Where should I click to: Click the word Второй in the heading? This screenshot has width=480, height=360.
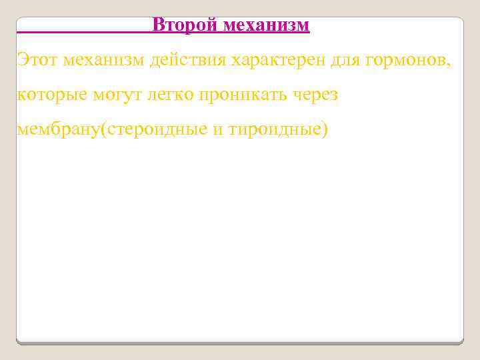pyautogui.click(x=185, y=25)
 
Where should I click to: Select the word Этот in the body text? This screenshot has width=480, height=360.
pyautogui.click(x=37, y=61)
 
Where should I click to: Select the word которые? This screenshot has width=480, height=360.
pyautogui.click(x=51, y=95)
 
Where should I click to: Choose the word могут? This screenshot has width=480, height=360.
pyautogui.click(x=118, y=95)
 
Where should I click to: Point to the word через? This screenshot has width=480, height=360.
pyautogui.click(x=316, y=95)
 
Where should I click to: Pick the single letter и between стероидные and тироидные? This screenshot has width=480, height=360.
pyautogui.click(x=219, y=130)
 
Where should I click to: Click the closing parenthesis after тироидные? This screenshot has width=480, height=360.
pyautogui.click(x=325, y=129)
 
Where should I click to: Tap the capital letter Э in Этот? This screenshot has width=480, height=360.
pyautogui.click(x=23, y=61)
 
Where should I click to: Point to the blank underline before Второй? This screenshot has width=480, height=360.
pyautogui.click(x=83, y=31)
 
